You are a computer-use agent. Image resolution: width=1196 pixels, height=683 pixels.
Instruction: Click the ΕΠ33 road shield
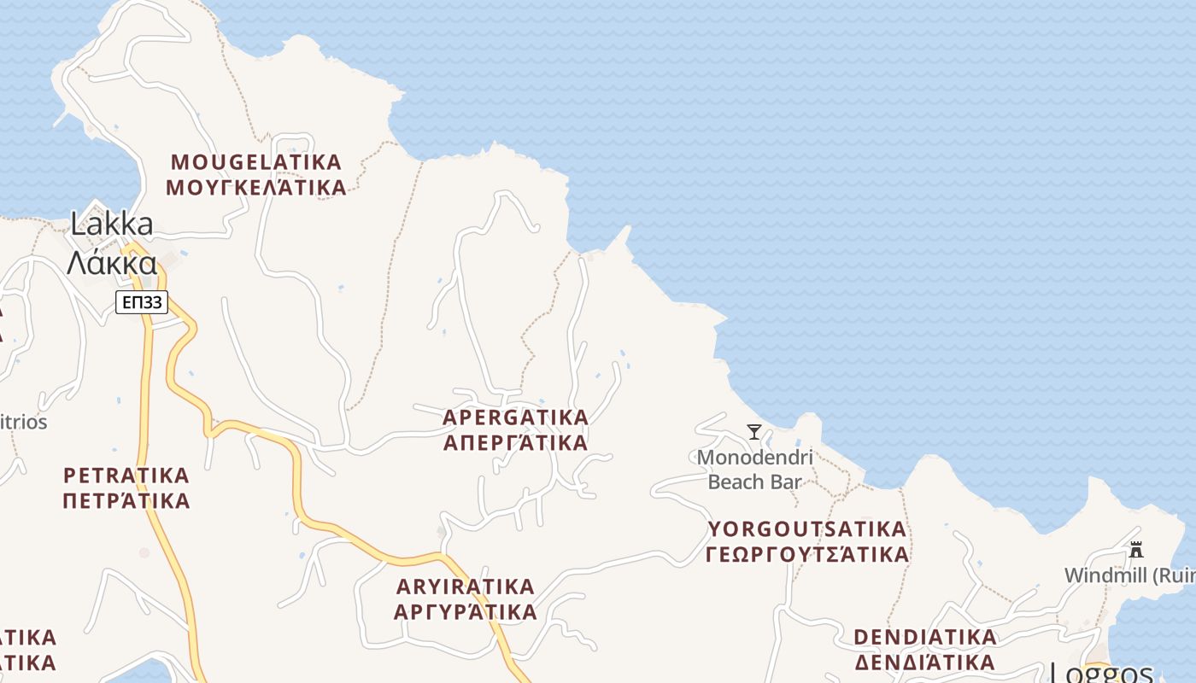(142, 301)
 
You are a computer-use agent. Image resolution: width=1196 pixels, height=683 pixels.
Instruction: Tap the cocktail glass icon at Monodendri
(754, 432)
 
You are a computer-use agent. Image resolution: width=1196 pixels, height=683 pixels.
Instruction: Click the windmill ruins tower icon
(1136, 550)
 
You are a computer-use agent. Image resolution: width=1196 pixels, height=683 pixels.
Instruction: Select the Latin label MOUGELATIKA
(256, 161)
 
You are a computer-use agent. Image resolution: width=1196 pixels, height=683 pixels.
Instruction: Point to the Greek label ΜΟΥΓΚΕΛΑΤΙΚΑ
(256, 187)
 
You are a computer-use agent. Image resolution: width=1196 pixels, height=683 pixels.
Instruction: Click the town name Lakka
(112, 225)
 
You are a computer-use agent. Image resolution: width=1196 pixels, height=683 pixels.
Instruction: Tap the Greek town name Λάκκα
(112, 263)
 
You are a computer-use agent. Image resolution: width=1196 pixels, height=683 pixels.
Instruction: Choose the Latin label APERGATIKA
(516, 417)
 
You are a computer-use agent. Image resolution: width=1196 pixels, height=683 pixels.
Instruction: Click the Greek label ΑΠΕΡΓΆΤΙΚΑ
(516, 442)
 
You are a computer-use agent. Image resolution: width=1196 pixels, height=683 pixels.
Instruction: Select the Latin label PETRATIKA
(126, 475)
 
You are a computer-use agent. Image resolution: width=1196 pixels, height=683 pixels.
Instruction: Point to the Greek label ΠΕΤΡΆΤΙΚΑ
(126, 500)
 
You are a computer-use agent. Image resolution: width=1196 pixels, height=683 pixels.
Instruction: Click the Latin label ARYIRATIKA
(466, 587)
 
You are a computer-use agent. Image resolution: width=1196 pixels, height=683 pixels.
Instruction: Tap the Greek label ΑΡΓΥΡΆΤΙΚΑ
(466, 611)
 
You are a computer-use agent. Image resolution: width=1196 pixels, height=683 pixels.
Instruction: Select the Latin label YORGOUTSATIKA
(806, 529)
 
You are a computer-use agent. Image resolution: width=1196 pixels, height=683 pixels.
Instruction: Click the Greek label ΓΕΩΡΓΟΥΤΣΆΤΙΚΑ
(806, 554)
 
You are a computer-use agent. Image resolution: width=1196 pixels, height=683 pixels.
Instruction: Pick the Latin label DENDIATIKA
(925, 637)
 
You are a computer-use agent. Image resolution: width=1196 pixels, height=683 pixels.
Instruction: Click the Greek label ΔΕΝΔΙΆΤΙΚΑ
(925, 662)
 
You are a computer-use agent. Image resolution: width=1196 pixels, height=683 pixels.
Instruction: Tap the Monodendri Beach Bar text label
(755, 470)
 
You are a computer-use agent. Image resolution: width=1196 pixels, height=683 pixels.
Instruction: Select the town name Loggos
(1101, 673)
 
